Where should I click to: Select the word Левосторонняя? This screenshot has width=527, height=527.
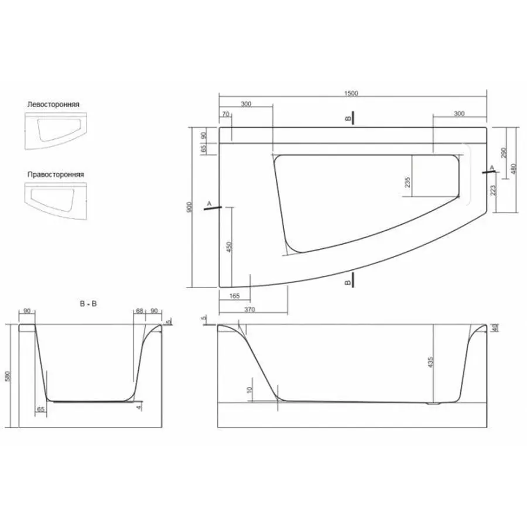click(x=53, y=104)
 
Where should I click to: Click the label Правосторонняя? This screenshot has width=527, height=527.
click(x=55, y=174)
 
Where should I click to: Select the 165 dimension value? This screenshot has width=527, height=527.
click(x=235, y=296)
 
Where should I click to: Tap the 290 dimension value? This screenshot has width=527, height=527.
click(x=503, y=153)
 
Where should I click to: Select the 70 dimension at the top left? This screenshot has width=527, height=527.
click(x=224, y=114)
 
